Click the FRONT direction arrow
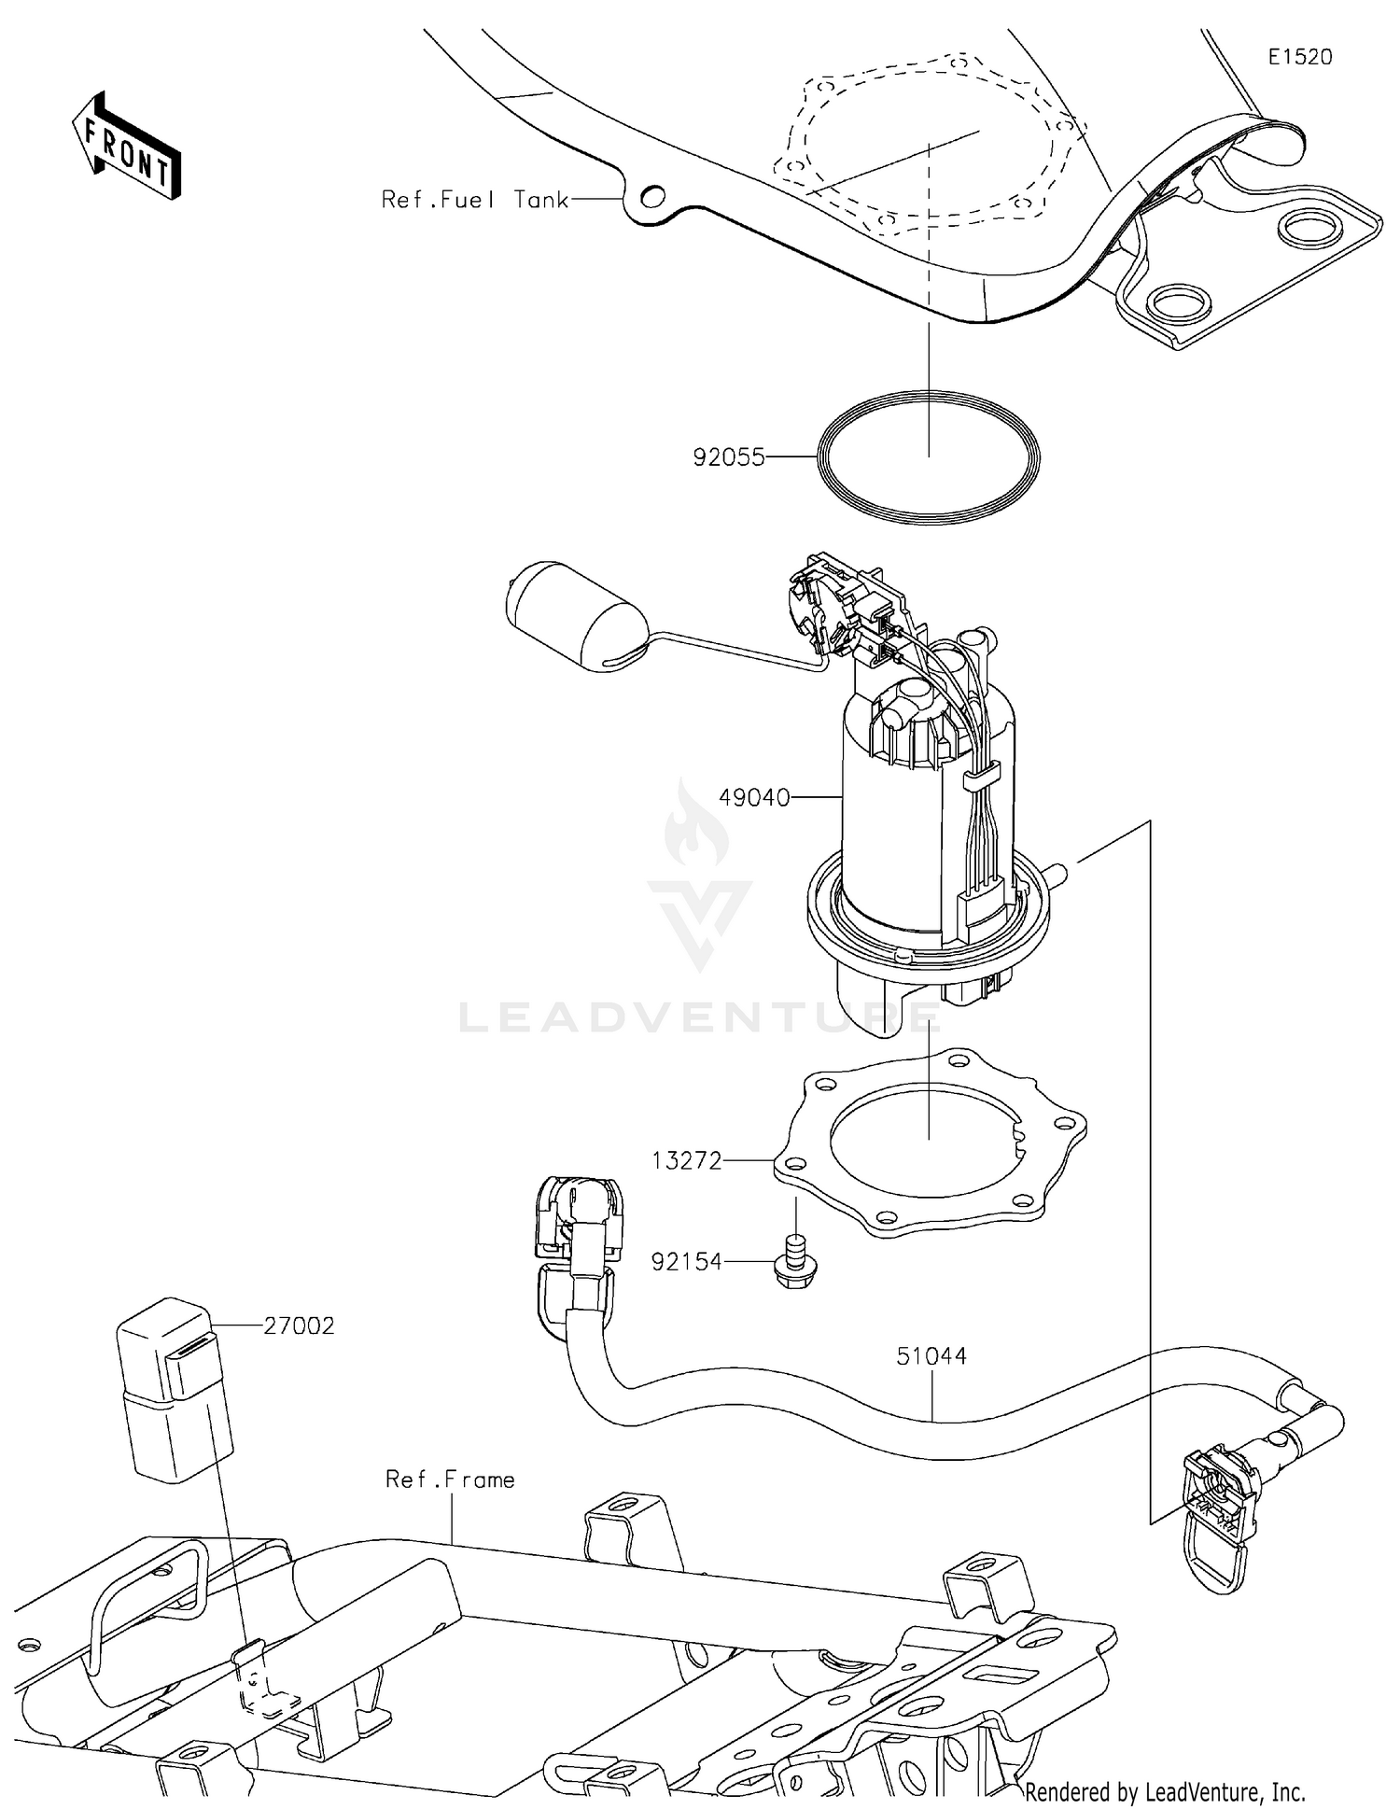pos(127,147)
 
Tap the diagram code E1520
pos(1299,57)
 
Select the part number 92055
pos(728,457)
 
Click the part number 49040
pos(754,798)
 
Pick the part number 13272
pos(687,1160)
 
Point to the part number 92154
pos(687,1262)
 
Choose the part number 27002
pos(299,1325)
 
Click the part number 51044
pos(931,1355)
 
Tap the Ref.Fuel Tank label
pos(475,200)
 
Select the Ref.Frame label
pos(450,1479)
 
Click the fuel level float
pos(569,616)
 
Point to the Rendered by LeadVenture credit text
pos(1165,1791)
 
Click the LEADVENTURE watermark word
pos(700,1017)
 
